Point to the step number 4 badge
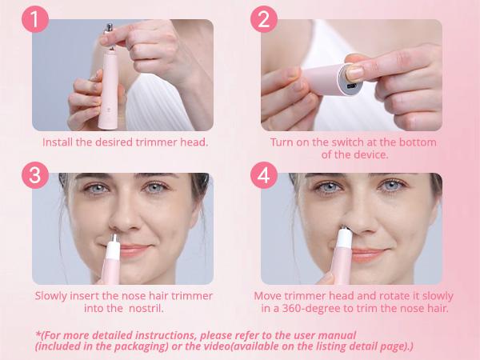click(x=263, y=175)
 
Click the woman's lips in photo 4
click(x=366, y=254)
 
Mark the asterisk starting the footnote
click(x=38, y=334)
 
